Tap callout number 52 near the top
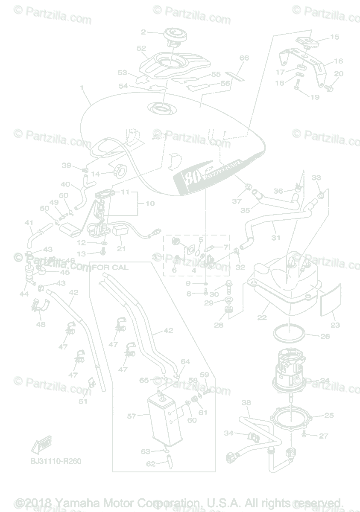(141, 49)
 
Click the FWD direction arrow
(39, 446)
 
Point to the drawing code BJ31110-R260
(56, 461)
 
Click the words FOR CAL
(110, 268)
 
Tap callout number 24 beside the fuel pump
(325, 380)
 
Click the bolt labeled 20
(329, 88)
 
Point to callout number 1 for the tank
(82, 87)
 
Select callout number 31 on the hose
(276, 237)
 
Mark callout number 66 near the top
(244, 58)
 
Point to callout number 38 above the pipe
(246, 402)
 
